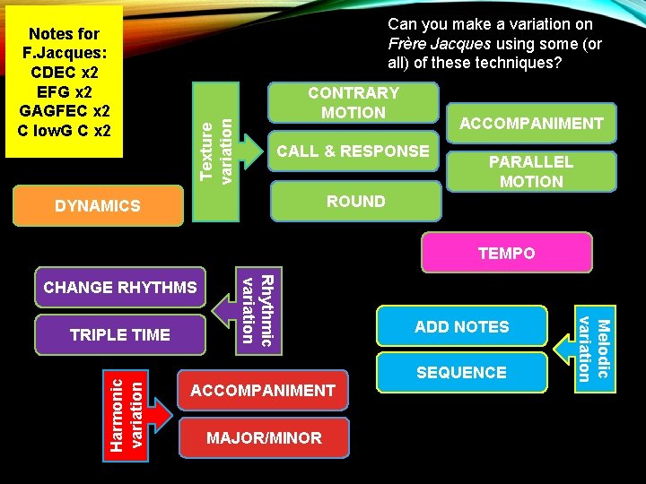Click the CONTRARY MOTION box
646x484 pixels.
tap(354, 102)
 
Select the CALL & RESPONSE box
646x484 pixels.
tap(354, 151)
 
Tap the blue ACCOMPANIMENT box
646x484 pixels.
tap(531, 124)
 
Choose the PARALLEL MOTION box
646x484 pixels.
tap(531, 171)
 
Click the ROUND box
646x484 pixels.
tap(356, 202)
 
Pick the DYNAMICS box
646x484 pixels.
tap(98, 206)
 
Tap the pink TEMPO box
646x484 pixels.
tap(506, 254)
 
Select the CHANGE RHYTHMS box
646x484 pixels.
tap(120, 288)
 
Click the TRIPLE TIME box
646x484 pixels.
tap(120, 334)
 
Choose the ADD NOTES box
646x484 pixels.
tap(461, 327)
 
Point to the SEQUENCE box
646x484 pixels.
tap(461, 372)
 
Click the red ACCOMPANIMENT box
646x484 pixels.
tap(263, 391)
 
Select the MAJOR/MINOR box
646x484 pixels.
tap(263, 438)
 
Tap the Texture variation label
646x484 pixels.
tap(217, 141)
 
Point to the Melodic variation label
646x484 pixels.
tap(594, 349)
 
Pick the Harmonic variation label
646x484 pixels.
tap(125, 412)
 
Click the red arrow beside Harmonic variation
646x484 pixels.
tap(160, 414)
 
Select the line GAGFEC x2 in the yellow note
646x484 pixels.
tap(65, 111)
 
